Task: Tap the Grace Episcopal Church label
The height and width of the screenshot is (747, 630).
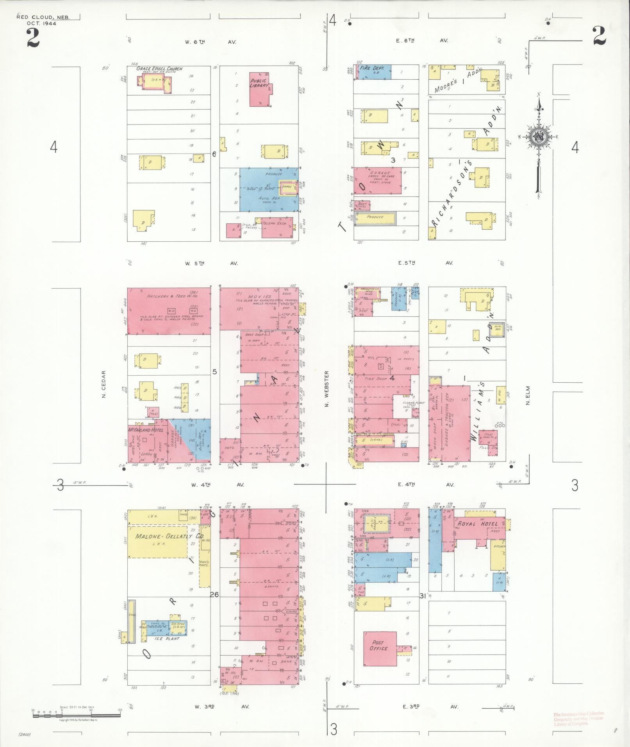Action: click(x=159, y=69)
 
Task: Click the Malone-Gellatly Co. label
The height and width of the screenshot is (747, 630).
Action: click(x=169, y=536)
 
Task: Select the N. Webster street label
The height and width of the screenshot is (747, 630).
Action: click(x=327, y=389)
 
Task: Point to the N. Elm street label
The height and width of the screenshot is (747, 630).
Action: click(x=527, y=395)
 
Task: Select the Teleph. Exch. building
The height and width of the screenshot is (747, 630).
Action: click(x=277, y=228)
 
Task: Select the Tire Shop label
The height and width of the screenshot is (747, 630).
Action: click(x=375, y=379)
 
